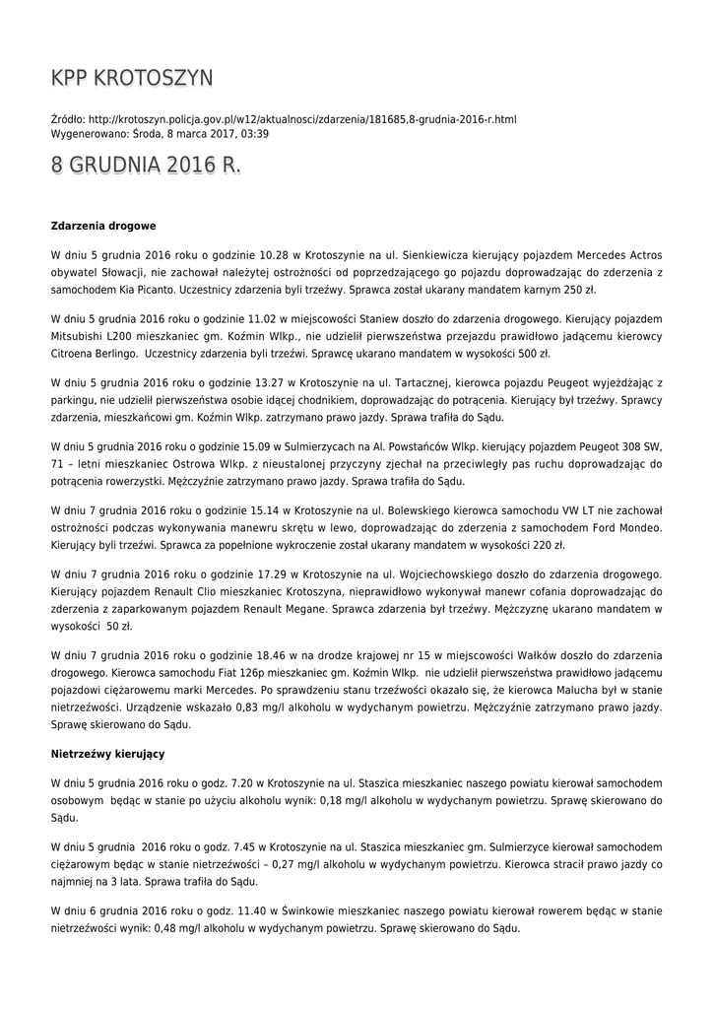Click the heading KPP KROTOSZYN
[132, 79]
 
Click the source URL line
[284, 119]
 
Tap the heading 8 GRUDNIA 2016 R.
[146, 167]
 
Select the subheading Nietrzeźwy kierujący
[107, 754]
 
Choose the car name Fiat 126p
[234, 672]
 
